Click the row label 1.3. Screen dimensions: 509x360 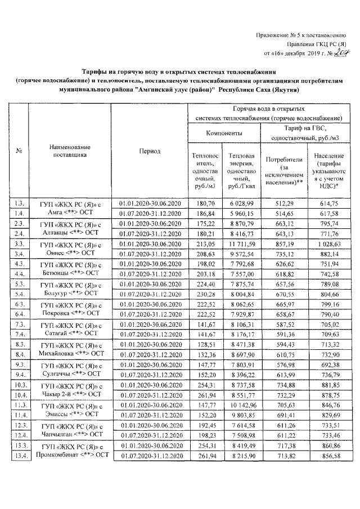click(x=19, y=202)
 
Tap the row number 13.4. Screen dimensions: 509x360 click(x=19, y=455)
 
